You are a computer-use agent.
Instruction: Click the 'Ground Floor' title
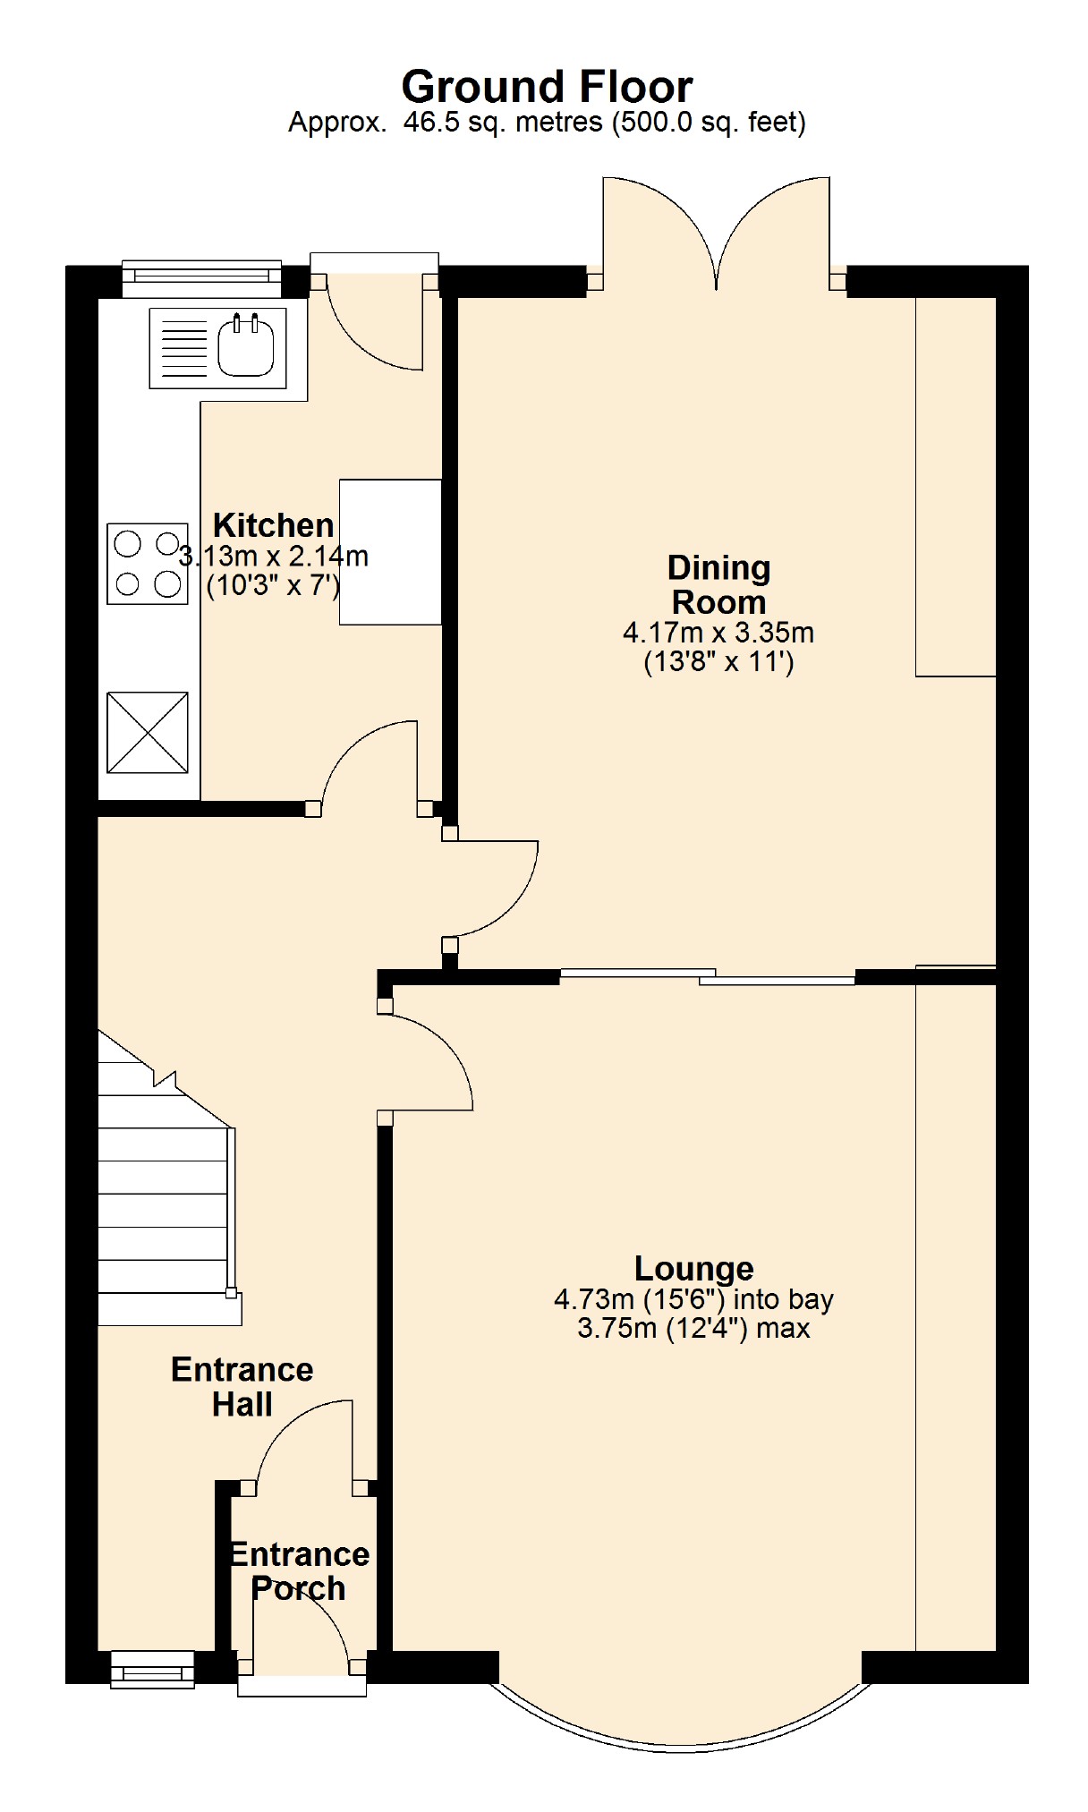pos(547,87)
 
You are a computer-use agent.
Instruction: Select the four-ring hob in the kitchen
pos(148,564)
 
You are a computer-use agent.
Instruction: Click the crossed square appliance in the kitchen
pos(148,732)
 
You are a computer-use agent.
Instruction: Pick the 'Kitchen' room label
pos(274,525)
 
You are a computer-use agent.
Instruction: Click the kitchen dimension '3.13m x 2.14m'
pos(274,557)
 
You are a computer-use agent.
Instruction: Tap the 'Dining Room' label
pos(719,584)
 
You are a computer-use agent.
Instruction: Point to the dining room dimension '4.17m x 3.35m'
pos(718,633)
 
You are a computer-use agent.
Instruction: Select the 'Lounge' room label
pos(694,1268)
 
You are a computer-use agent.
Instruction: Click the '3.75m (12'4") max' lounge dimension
pos(693,1328)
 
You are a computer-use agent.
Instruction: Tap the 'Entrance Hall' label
pos(242,1386)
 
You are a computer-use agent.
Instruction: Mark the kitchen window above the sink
pos(201,278)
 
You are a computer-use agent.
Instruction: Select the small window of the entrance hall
pos(152,1670)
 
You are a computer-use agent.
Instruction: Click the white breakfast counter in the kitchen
pos(390,551)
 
